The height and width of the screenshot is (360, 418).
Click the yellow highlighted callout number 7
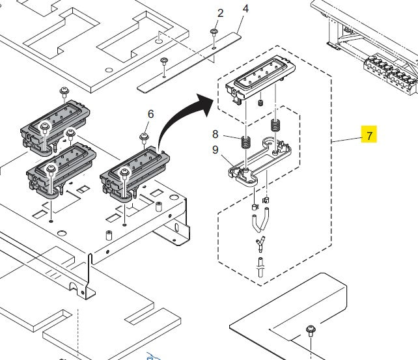(x=369, y=135)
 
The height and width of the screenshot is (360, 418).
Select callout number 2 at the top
(x=220, y=13)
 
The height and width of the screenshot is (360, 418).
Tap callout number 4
(x=245, y=8)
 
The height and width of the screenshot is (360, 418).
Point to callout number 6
(x=150, y=114)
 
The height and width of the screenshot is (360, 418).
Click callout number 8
(x=216, y=135)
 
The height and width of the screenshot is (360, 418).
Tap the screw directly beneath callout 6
(x=144, y=137)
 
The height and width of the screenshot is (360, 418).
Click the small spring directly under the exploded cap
(x=260, y=103)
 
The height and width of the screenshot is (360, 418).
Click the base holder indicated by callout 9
(x=257, y=163)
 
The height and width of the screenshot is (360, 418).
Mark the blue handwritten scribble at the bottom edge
(x=154, y=356)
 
